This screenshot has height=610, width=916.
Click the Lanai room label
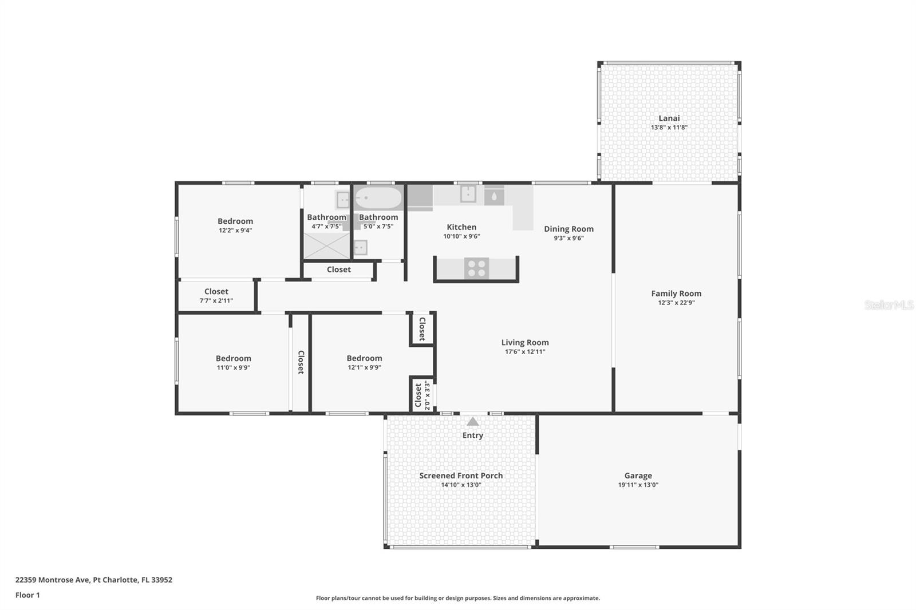coord(669,118)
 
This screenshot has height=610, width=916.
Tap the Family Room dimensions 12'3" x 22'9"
coord(676,303)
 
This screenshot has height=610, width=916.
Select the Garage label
coord(638,476)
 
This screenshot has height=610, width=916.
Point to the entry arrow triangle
coord(472,422)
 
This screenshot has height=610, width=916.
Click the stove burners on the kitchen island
coord(476,268)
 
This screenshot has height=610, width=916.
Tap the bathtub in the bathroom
coord(378,199)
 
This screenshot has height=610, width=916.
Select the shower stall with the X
coord(326,245)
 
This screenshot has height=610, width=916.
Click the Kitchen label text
coord(461,227)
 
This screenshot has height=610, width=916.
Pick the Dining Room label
coord(568,229)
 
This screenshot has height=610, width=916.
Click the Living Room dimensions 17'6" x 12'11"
coord(525,352)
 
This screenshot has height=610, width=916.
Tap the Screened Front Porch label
coord(461,476)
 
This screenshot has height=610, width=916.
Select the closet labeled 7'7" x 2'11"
coord(216,296)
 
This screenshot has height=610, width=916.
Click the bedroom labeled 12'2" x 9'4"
coord(235,225)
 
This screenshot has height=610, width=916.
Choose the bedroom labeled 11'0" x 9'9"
coord(233,362)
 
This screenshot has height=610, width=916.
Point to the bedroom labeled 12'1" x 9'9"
coord(364,362)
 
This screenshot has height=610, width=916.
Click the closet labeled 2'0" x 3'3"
coord(421,395)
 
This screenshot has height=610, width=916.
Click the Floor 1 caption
coord(27,595)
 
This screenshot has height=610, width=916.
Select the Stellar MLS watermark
coord(889,305)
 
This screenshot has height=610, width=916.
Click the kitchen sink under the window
coord(468,195)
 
